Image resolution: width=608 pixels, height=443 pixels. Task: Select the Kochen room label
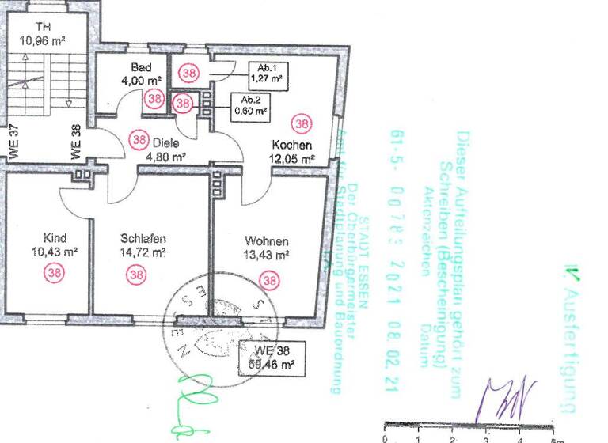[x=292, y=146]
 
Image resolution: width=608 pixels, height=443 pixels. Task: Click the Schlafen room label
[x=143, y=238]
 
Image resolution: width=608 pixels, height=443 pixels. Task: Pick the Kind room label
[x=55, y=238]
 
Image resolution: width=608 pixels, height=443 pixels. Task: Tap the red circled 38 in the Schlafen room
[x=137, y=275]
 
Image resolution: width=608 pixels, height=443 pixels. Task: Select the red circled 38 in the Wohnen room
[x=271, y=279]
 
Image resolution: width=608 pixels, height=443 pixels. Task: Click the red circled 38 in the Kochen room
[x=302, y=123]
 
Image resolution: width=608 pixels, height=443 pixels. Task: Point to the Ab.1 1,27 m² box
[x=266, y=73]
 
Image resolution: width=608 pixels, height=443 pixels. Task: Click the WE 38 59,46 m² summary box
[x=269, y=358]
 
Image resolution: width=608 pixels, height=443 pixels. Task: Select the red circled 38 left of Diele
[x=139, y=139]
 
